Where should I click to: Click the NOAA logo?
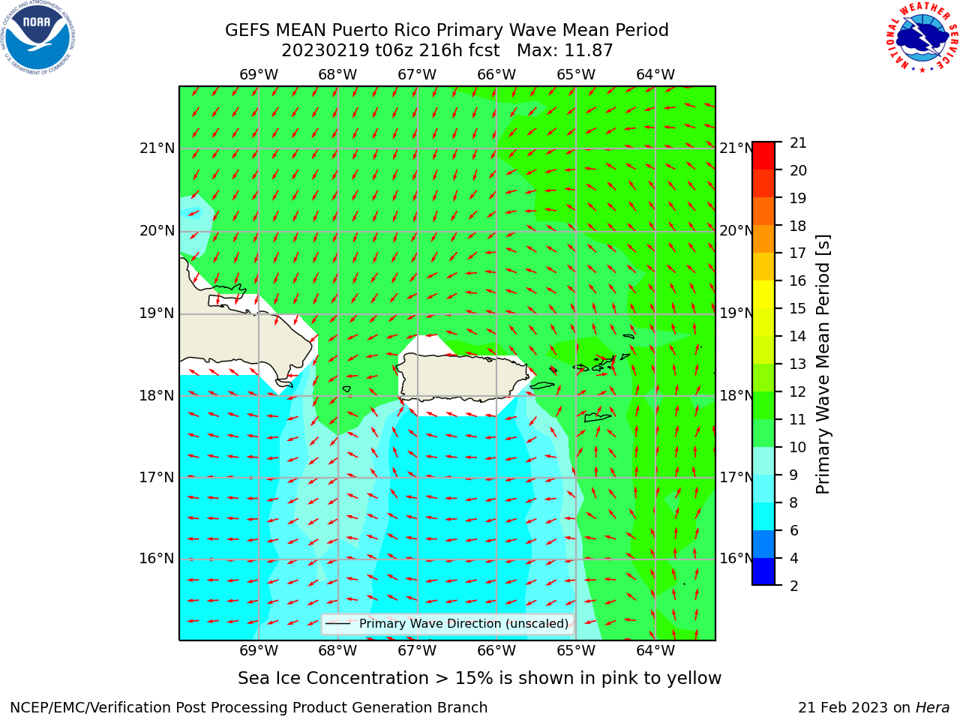tap(38, 38)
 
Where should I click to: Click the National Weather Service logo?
tap(922, 37)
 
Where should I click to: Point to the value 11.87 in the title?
tap(589, 51)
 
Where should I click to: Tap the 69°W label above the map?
tap(259, 75)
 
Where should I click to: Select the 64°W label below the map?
tap(655, 651)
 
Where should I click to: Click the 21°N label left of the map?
tap(157, 148)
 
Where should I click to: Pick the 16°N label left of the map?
tap(157, 559)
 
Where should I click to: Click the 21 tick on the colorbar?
tap(798, 143)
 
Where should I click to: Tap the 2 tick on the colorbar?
tap(794, 586)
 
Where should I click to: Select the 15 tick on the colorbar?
tap(798, 309)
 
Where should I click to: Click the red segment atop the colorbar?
tap(763, 155)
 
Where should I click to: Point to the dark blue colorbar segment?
tap(763, 571)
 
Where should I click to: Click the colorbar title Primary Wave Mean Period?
tap(823, 364)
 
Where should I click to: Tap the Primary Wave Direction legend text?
tap(463, 624)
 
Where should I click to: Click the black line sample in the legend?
tap(337, 624)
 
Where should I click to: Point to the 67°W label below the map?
tap(417, 651)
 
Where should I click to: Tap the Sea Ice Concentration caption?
tap(479, 679)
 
